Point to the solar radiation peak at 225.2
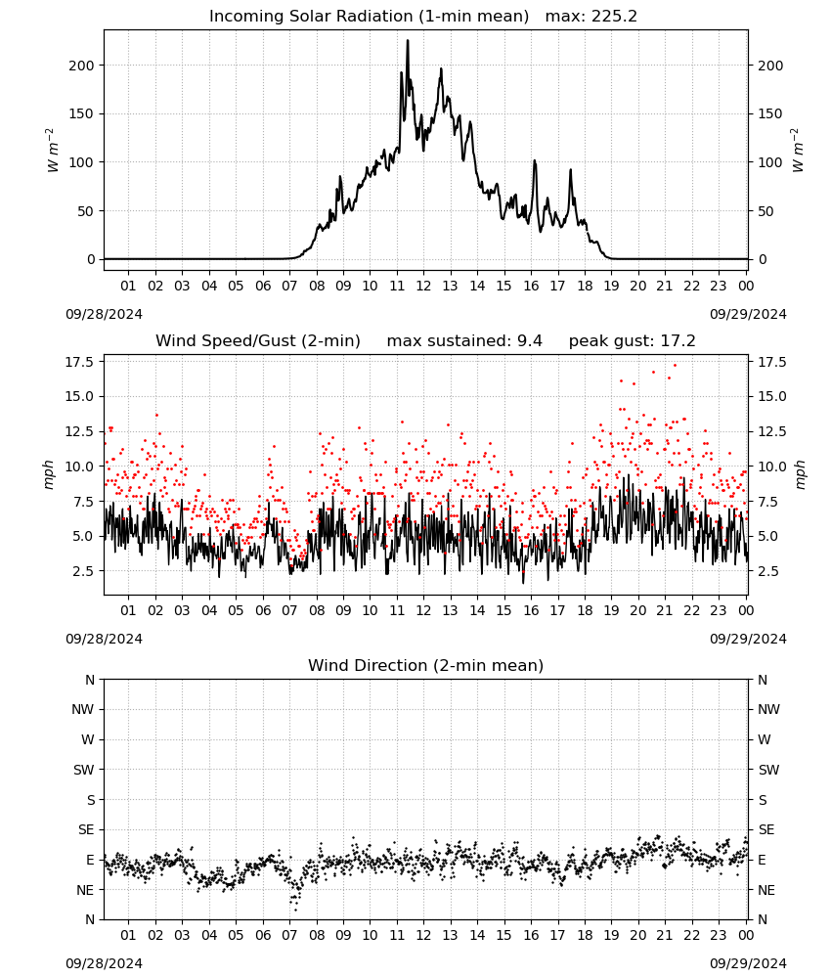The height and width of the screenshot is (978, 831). [408, 41]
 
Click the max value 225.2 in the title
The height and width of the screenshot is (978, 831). [614, 17]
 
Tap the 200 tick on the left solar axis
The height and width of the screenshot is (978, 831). [82, 66]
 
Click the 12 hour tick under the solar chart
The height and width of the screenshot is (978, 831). [423, 286]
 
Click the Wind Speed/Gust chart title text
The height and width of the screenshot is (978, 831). [257, 341]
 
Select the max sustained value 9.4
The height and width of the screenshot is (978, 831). [530, 341]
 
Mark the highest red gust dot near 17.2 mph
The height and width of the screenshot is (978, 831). [675, 366]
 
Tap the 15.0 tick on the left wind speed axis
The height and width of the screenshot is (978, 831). [79, 397]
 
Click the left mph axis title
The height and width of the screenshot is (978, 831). [49, 474]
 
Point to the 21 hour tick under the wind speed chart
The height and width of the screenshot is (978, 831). [665, 610]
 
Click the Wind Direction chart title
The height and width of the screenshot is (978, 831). [426, 665]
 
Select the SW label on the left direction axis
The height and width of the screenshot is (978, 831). [84, 770]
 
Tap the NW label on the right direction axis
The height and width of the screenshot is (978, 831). [768, 710]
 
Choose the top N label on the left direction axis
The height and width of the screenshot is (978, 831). [90, 680]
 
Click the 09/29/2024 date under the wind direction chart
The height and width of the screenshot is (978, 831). [748, 963]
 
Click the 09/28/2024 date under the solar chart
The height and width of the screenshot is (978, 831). [104, 314]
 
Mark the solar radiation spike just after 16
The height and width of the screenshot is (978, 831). [534, 161]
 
